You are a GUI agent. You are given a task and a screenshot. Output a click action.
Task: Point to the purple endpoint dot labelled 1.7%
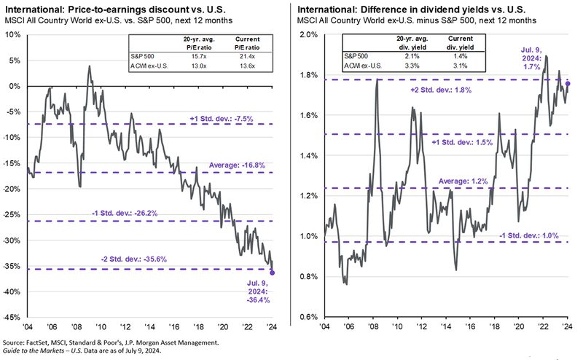point(568,84)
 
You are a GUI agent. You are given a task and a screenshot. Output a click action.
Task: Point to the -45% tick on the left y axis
point(12,318)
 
